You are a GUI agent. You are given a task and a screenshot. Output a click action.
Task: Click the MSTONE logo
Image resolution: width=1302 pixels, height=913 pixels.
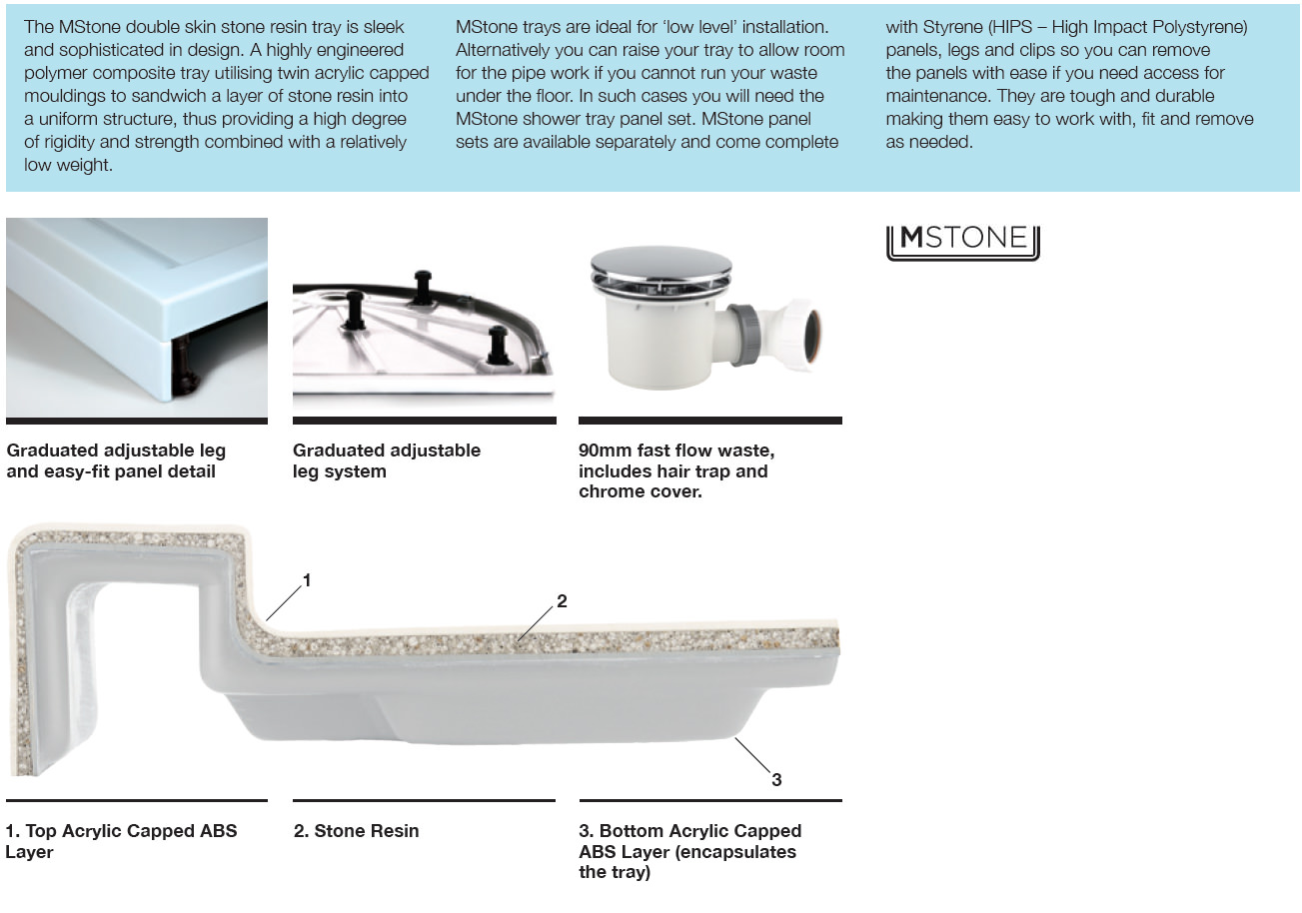pos(962,241)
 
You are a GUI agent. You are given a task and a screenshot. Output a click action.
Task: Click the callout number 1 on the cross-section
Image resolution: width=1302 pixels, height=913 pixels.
pos(307,579)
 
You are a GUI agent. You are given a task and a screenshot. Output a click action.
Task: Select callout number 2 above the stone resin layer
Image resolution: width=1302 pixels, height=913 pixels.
pos(562,601)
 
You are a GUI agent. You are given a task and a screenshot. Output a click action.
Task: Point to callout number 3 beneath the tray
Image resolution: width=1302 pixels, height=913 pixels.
pos(776,780)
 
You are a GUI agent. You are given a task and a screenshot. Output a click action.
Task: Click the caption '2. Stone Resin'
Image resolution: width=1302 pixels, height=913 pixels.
pos(356,831)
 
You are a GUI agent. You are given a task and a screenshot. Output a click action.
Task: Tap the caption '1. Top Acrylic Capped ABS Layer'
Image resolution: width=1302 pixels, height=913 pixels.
pos(121,841)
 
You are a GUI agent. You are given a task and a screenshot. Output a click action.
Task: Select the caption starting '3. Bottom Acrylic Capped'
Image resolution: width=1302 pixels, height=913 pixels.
pos(689,851)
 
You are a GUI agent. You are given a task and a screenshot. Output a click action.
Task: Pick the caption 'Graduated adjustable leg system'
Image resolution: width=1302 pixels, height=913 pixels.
pos(386,460)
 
